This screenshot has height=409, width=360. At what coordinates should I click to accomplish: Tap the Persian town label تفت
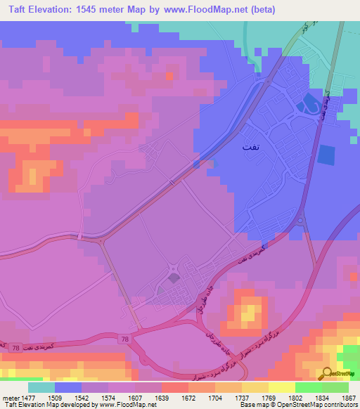[250, 147]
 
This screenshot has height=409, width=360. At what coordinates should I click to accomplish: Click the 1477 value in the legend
[28, 397]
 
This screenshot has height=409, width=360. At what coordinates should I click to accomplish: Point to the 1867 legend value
[348, 397]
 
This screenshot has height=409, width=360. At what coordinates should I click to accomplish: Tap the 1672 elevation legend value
[188, 397]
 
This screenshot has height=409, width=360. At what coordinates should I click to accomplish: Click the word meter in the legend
[10, 397]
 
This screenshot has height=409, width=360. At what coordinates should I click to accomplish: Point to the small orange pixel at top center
[169, 75]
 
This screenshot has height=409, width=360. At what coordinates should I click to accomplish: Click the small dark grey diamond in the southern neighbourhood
[174, 278]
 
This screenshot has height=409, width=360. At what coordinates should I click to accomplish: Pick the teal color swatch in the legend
[41, 387]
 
